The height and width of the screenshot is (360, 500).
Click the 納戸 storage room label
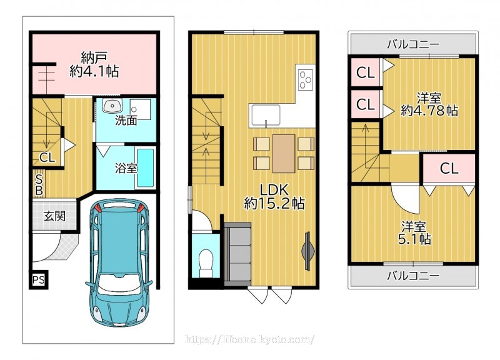pyautogui.click(x=94, y=65)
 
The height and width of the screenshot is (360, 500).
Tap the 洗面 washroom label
pyautogui.click(x=126, y=121)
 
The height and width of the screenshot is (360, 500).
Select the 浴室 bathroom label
pyautogui.click(x=126, y=168)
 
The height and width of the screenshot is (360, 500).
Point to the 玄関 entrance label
pyautogui.click(x=54, y=216)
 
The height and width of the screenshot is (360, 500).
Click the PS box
pyautogui.click(x=39, y=280)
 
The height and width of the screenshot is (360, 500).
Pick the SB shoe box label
pyautogui.click(x=39, y=184)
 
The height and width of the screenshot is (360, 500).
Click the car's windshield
pyautogui.click(x=119, y=284)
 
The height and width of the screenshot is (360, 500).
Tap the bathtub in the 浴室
pyautogui.click(x=146, y=168)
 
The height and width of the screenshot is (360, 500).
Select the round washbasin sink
pyautogui.click(x=112, y=105)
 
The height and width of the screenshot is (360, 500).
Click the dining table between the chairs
pyautogui.click(x=284, y=154)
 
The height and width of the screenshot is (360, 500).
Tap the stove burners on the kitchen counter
pyautogui.click(x=306, y=79)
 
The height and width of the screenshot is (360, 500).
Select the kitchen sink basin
pyautogui.click(x=266, y=115)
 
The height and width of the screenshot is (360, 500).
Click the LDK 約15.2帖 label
pyautogui.click(x=274, y=197)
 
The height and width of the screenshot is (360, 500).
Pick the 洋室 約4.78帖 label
pyautogui.click(x=429, y=104)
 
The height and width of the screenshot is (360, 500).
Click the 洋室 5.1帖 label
pyautogui.click(x=414, y=233)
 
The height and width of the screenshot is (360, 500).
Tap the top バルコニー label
pyautogui.click(x=413, y=44)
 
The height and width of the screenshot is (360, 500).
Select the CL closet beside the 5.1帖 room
pyautogui.click(x=449, y=168)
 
